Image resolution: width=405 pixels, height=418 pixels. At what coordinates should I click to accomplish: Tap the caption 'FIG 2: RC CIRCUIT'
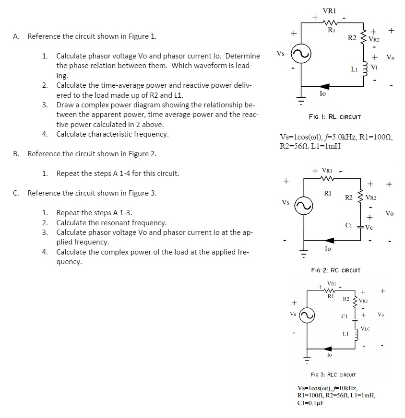tap(336, 270)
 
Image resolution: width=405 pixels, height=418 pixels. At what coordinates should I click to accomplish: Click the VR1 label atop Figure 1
tap(329, 10)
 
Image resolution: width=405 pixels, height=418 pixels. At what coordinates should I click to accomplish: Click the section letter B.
tap(16, 154)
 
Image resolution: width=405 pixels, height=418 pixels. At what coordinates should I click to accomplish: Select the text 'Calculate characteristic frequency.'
tap(112, 134)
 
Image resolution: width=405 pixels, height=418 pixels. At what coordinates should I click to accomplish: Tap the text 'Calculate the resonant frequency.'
tap(111, 223)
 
